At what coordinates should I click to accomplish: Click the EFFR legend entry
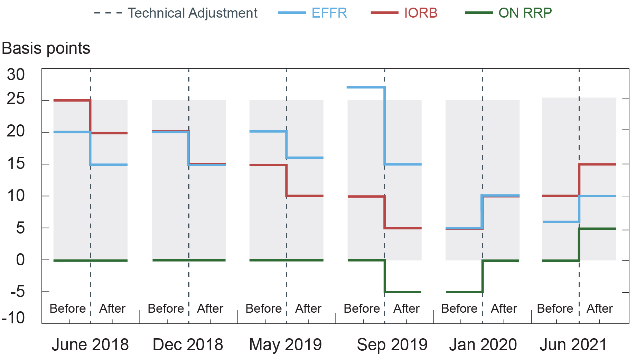coord(329,13)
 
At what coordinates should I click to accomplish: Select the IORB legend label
coord(420,13)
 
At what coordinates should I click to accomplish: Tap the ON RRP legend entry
coord(525,13)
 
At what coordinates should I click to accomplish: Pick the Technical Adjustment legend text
coord(192,13)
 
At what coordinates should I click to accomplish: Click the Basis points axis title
coord(46,48)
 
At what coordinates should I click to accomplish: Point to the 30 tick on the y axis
coord(16,75)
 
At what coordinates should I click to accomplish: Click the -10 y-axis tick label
coord(14,318)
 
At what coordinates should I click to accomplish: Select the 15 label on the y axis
coord(16,164)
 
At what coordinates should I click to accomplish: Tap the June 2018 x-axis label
coord(90,344)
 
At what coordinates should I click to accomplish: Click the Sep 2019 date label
coord(392,344)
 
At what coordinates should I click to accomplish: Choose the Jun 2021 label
coord(573,344)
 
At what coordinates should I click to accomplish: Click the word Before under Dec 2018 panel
coord(166,309)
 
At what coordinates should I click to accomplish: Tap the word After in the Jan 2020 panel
coord(504,309)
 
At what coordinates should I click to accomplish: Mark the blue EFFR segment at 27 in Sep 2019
coord(366,87)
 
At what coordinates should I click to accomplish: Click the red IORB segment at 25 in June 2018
coord(72,101)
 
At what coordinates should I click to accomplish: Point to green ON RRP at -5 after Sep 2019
coord(403,292)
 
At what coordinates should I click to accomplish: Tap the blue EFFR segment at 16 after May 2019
coord(305,158)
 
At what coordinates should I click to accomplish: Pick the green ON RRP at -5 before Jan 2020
coord(464,292)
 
